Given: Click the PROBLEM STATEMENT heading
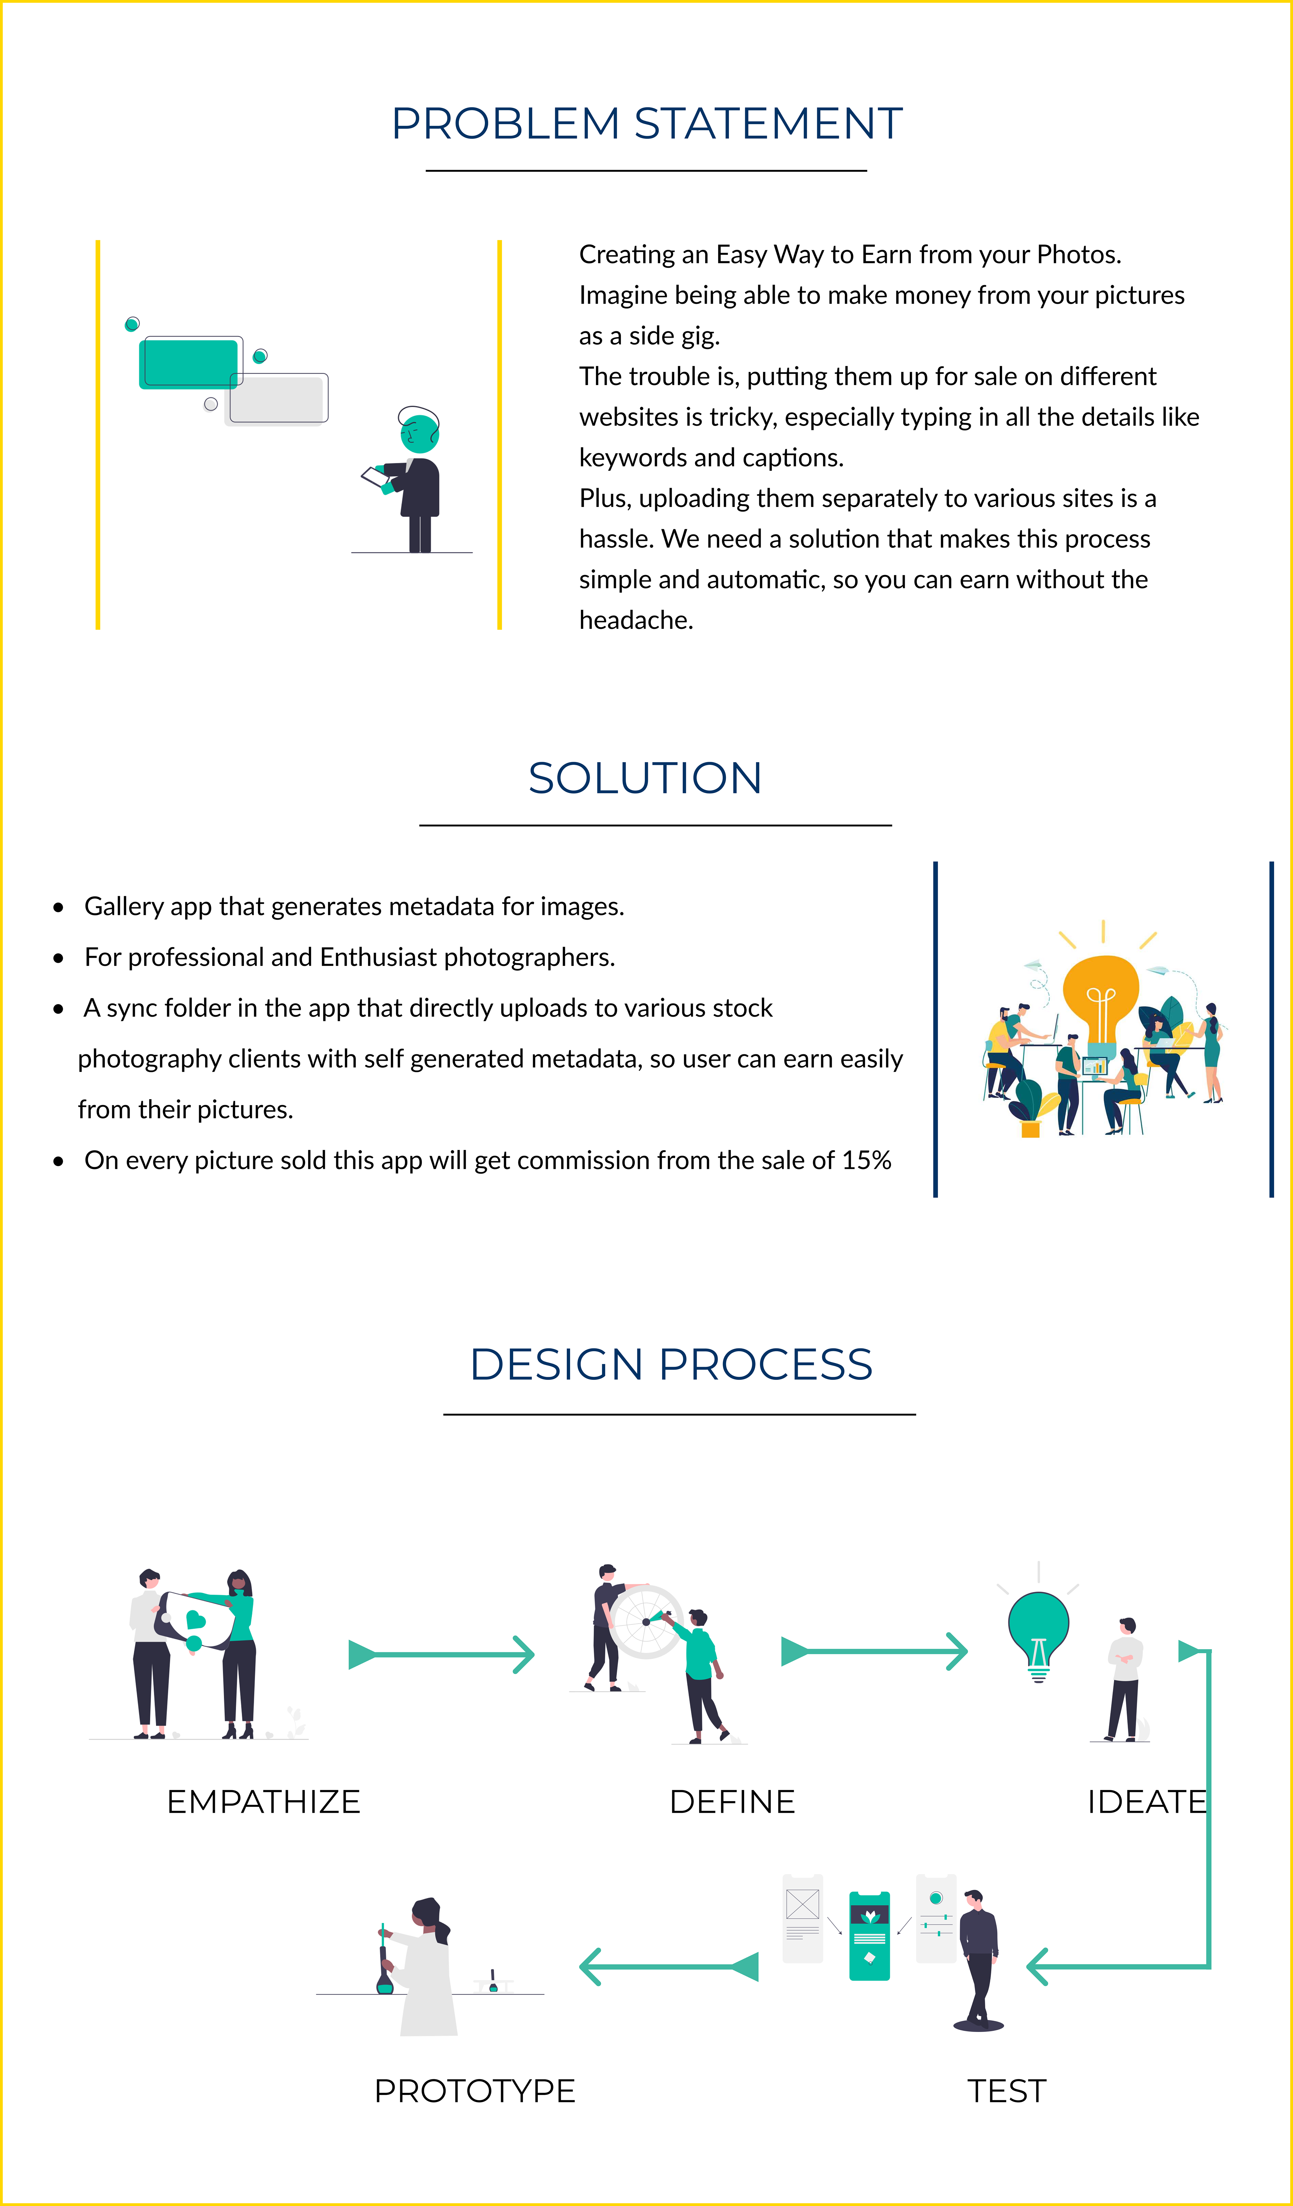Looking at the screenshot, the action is [646, 124].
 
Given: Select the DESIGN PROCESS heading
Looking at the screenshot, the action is [671, 1364].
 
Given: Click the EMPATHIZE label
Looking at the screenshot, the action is [264, 1802].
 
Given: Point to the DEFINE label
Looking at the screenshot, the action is [732, 1802].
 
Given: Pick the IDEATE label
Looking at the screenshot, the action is [1146, 1802].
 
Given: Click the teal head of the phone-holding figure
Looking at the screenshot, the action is [420, 433].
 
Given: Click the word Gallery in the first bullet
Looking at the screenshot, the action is [124, 906].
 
